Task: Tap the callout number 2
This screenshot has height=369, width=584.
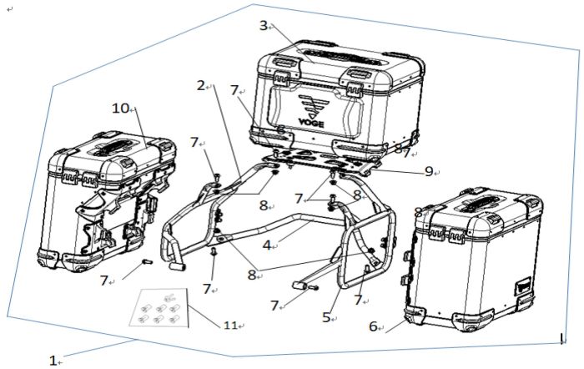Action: click(x=201, y=85)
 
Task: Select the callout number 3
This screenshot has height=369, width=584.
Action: click(x=263, y=26)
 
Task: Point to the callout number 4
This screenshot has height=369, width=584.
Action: click(x=266, y=245)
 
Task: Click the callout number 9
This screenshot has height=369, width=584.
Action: click(x=429, y=171)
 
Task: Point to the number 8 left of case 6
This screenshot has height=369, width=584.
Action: click(x=418, y=212)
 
